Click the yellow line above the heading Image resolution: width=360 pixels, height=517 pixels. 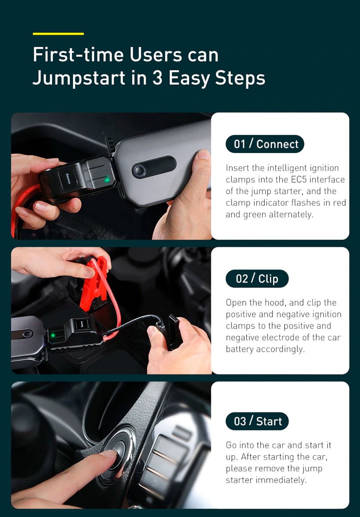pyautogui.click(x=58, y=34)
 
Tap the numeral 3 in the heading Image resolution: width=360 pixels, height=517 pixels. pyautogui.click(x=157, y=78)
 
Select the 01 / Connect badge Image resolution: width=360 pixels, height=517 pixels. pyautogui.click(x=265, y=144)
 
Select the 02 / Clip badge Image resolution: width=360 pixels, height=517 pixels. pyautogui.click(x=257, y=279)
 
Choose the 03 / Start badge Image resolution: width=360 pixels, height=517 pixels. pyautogui.click(x=257, y=421)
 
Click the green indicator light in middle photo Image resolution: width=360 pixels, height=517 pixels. pyautogui.click(x=53, y=335)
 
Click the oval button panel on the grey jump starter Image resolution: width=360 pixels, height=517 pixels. pyautogui.click(x=154, y=168)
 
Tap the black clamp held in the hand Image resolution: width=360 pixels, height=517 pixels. pyautogui.click(x=173, y=331)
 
